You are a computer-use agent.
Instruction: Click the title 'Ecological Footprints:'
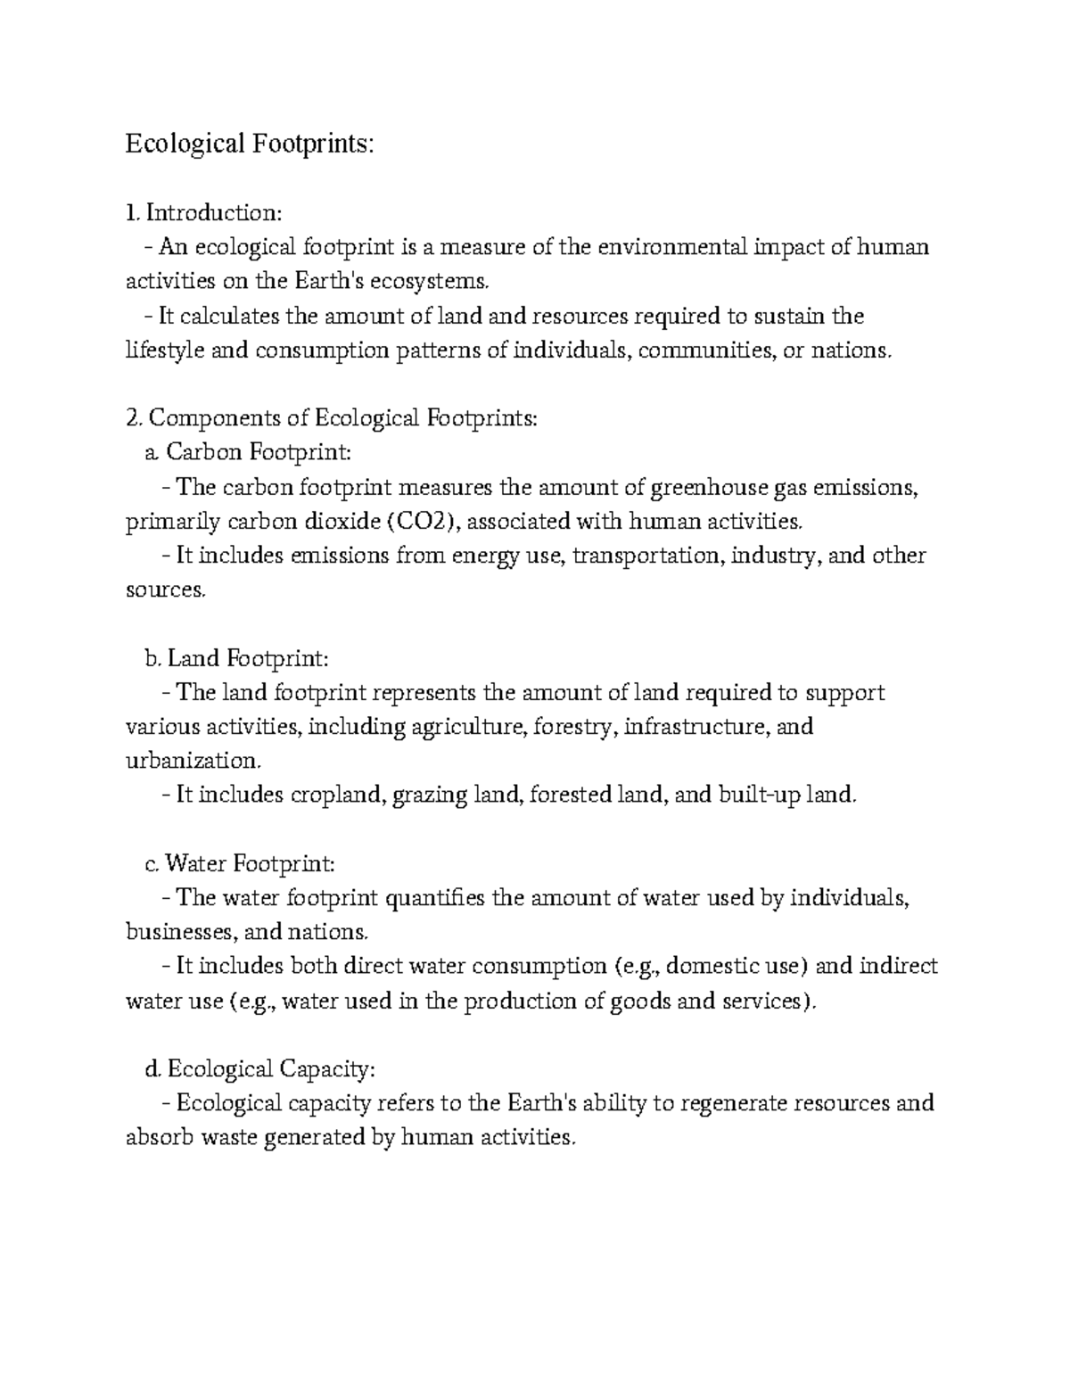245,144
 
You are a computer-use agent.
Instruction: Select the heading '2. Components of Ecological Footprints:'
332,418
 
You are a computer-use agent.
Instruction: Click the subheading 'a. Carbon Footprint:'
248,452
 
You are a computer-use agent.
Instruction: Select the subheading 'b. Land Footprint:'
236,658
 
